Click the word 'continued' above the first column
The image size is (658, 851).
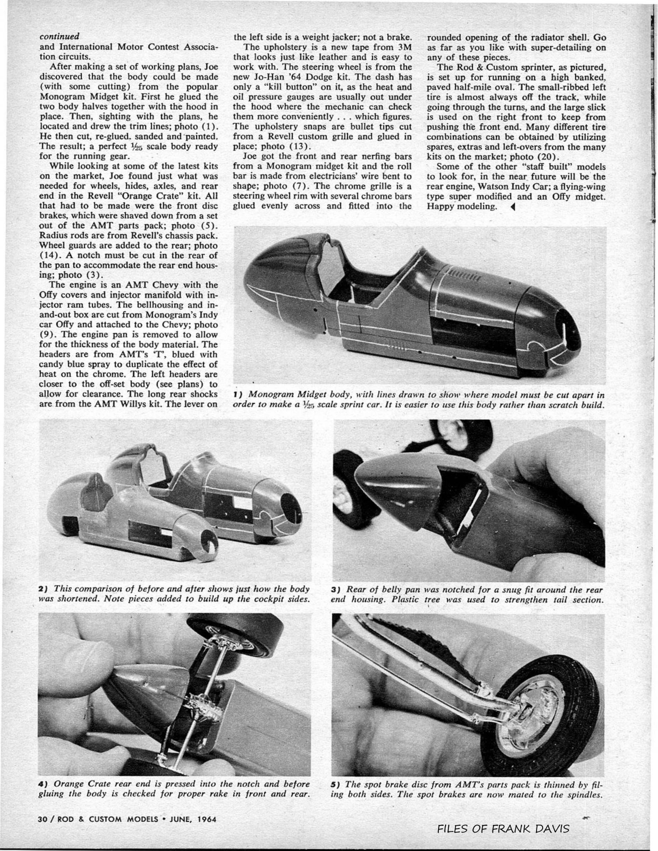point(59,36)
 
